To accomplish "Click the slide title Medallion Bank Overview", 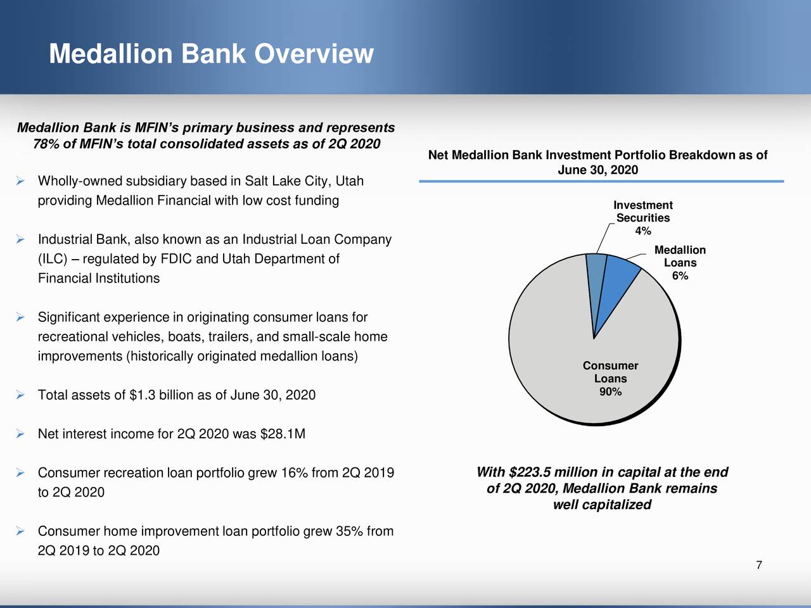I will (211, 54).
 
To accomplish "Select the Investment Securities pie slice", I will (596, 279).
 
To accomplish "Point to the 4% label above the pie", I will (643, 231).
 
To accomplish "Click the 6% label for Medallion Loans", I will (680, 276).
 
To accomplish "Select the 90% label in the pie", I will (610, 392).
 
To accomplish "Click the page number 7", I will (758, 566).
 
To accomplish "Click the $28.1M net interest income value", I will (283, 434).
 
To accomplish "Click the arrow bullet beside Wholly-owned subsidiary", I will (20, 181).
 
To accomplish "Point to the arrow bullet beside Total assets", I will (20, 395).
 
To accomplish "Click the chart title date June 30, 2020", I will (597, 170).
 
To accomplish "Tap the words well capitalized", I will (602, 505).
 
